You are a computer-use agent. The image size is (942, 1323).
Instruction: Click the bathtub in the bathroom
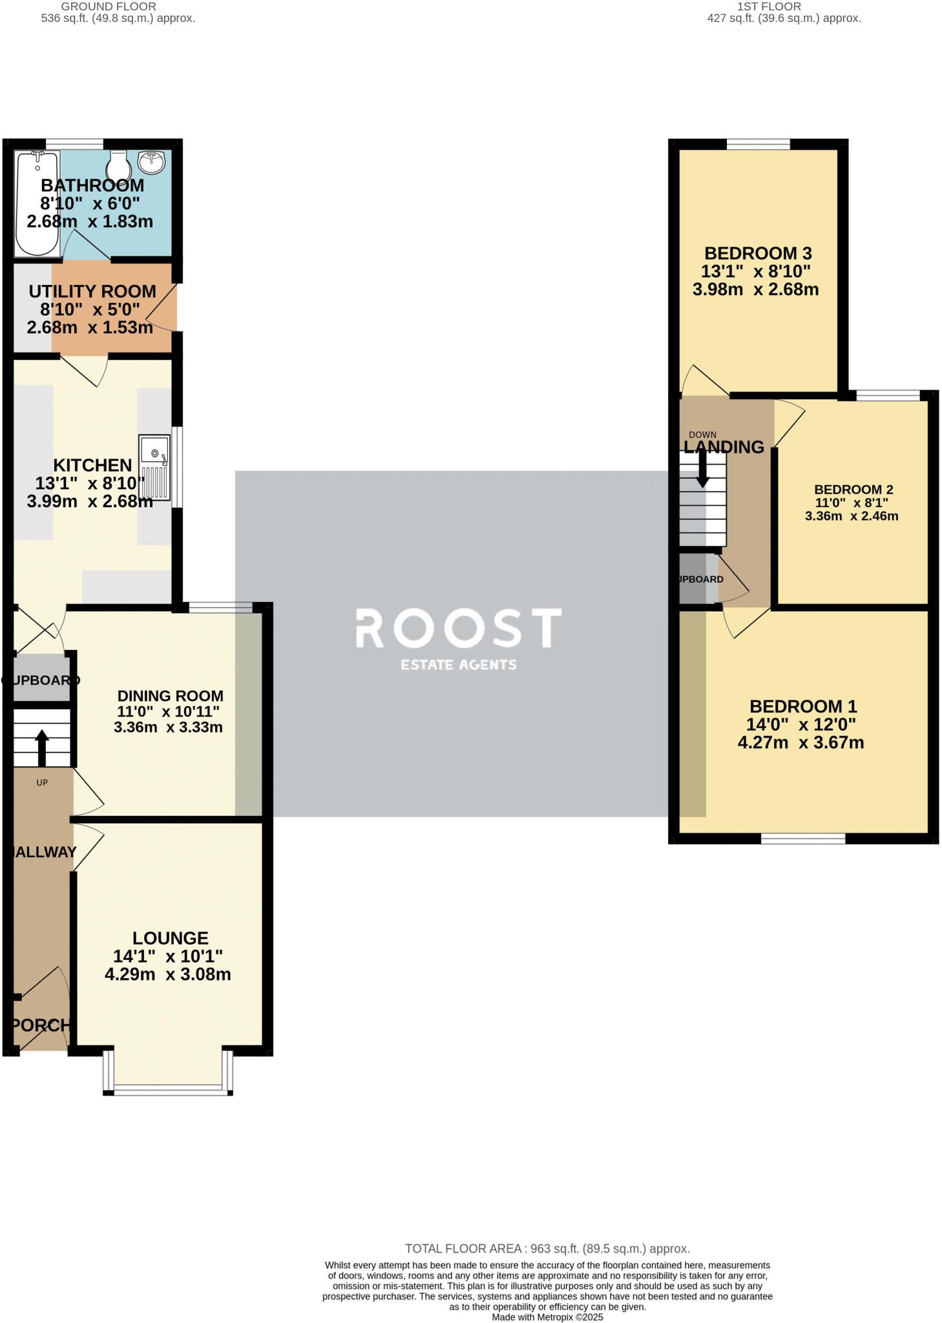37,203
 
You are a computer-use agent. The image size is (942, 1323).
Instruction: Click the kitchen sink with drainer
155,468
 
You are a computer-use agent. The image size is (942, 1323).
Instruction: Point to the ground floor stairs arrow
41,747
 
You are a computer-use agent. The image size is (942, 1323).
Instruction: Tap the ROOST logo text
459,628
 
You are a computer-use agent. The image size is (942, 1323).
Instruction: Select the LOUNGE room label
171,938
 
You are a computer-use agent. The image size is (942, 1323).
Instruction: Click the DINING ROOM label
171,696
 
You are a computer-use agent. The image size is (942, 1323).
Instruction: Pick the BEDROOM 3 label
757,253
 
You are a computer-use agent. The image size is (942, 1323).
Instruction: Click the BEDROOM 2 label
853,490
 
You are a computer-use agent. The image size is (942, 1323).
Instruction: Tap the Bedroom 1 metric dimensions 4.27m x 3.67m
801,742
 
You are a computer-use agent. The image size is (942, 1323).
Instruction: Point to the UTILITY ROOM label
92,291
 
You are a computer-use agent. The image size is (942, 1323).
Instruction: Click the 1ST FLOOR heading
768,6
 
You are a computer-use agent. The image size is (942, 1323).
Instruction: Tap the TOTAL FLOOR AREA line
547,1249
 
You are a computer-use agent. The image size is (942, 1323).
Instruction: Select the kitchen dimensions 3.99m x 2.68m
90,501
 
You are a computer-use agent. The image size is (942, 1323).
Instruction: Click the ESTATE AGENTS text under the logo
459,664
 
